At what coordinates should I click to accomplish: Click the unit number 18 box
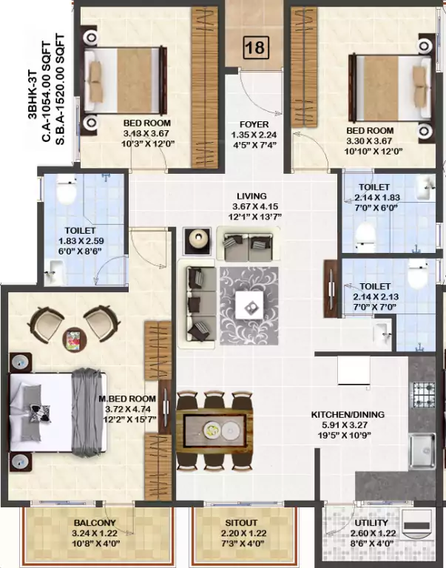pos(257,49)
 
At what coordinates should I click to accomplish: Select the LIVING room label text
pos(251,196)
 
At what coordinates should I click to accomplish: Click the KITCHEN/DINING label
pos(347,415)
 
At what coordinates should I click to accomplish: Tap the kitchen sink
pos(422,447)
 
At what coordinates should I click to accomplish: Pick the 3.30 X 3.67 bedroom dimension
pos(370,141)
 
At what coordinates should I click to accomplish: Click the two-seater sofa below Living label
pos(249,240)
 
